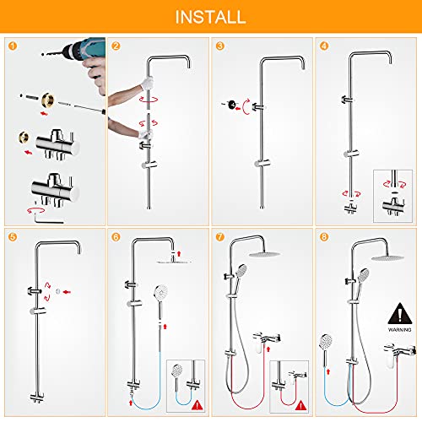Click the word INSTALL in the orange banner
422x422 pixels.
(x=210, y=17)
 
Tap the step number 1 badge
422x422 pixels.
(x=13, y=46)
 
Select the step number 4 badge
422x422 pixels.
(x=324, y=46)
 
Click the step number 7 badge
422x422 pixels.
(x=220, y=237)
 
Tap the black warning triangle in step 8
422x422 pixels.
(x=400, y=314)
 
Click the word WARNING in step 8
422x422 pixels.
(x=400, y=329)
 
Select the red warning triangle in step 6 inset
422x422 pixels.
(x=197, y=405)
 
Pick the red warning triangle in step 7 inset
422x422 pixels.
(x=300, y=405)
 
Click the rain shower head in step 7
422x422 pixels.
(x=264, y=254)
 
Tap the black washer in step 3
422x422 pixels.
(x=232, y=105)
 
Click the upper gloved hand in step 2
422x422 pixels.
(x=147, y=83)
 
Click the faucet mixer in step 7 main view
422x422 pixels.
(x=266, y=340)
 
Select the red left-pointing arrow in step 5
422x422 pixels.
(x=67, y=292)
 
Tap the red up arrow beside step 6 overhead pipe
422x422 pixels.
(x=179, y=253)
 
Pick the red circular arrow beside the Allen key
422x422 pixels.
(x=36, y=210)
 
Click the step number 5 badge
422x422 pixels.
(x=13, y=237)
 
